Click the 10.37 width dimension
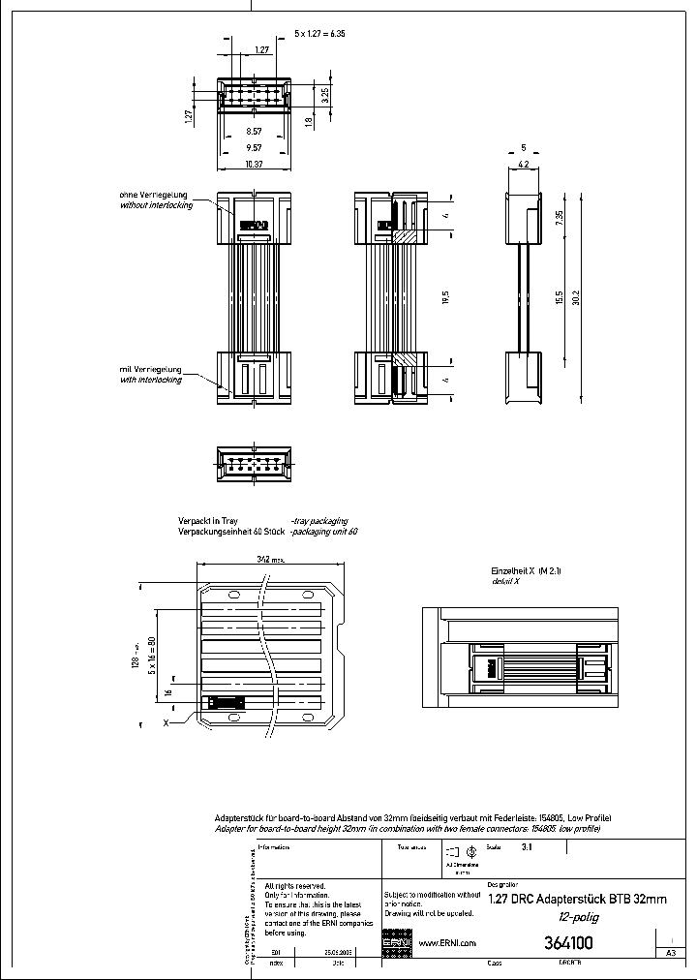coord(254,165)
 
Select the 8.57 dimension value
coord(254,130)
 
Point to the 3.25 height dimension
coord(326,95)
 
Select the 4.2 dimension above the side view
coord(523,165)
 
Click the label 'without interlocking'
coord(155,205)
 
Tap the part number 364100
coord(568,943)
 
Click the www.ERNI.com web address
coord(445,943)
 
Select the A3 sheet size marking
coord(670,954)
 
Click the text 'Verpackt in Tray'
coord(208,520)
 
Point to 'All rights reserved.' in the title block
coord(295,887)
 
